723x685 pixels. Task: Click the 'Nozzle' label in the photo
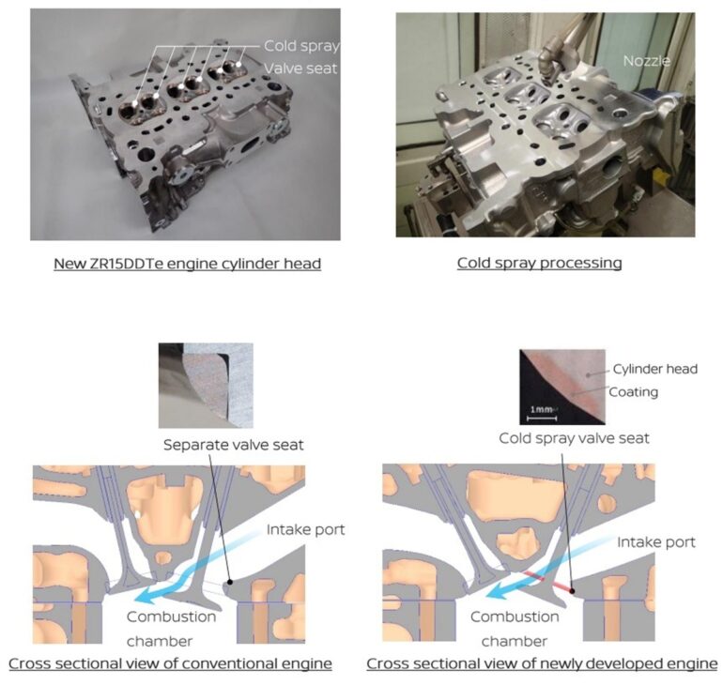coord(646,61)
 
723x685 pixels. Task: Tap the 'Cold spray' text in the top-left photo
coord(301,46)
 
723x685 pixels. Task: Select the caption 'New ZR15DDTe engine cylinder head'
coord(187,264)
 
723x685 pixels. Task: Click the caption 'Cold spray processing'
coord(540,263)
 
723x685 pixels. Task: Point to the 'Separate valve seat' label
coord(233,445)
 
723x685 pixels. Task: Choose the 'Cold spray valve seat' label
coord(574,438)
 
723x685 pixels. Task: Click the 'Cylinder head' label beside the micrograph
coord(654,369)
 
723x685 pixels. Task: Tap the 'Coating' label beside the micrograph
coord(633,392)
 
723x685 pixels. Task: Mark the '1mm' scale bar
coord(542,414)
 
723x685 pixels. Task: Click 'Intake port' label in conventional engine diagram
coord(305,530)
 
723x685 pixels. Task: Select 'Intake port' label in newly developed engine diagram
coord(656,542)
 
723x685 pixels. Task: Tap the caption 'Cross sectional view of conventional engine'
coord(170,663)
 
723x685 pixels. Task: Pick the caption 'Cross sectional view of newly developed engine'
coord(542,663)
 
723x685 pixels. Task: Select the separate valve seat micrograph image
coord(206,386)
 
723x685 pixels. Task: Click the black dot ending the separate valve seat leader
coord(229,582)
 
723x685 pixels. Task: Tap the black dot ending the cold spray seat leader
coord(572,590)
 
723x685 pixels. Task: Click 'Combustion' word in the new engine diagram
coord(515,616)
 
